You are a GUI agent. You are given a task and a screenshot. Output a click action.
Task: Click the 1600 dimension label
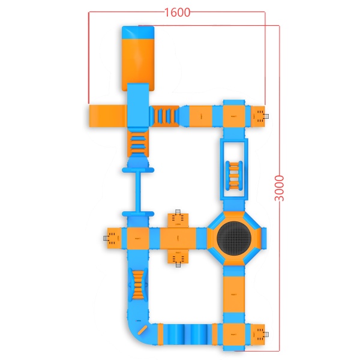tap(178, 13)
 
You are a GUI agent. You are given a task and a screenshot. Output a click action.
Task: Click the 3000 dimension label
tap(280, 188)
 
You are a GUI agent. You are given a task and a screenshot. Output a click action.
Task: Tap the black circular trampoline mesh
tap(234, 238)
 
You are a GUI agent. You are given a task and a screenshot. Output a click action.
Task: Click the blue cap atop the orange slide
tap(138, 32)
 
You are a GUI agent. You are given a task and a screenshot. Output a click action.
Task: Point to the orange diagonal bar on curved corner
tap(142, 330)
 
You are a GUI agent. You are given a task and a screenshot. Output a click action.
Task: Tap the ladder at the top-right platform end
tap(266, 116)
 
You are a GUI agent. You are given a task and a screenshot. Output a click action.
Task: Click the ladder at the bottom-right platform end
tap(266, 334)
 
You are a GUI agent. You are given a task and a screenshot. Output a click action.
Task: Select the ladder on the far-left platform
tap(106, 238)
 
